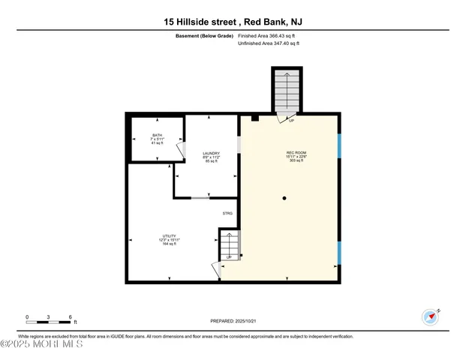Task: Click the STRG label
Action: [x=227, y=214]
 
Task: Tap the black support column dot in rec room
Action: [x=284, y=198]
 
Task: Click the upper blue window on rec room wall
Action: [x=339, y=145]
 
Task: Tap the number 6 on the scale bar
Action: [x=70, y=317]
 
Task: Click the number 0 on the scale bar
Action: [x=27, y=317]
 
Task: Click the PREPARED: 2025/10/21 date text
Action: [x=233, y=321]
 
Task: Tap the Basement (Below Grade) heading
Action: [x=203, y=35]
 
